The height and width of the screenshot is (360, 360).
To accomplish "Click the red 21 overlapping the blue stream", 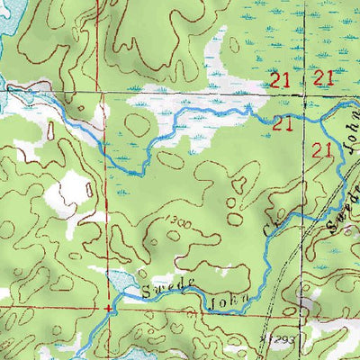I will tap(283, 121).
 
